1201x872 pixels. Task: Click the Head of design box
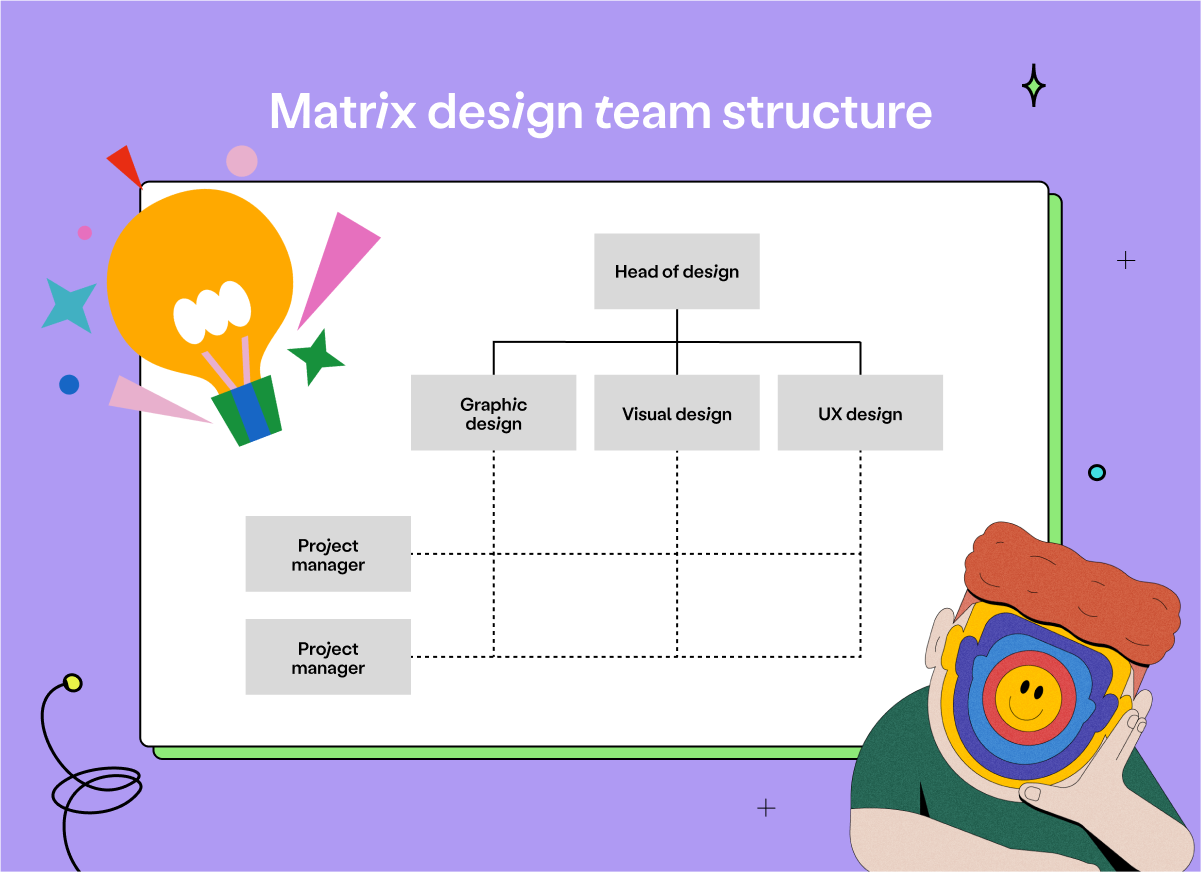click(677, 271)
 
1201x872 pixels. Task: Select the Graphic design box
click(493, 413)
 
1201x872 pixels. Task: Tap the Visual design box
click(677, 413)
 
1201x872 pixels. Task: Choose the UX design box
click(860, 413)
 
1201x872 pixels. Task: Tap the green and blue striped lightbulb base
click(246, 409)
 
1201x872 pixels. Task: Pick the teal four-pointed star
click(69, 305)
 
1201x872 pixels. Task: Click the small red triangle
click(126, 164)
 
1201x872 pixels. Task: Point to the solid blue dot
click(69, 384)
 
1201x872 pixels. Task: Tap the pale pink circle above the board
click(242, 160)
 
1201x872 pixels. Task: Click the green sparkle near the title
click(1034, 86)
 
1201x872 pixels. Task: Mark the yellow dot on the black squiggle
click(72, 683)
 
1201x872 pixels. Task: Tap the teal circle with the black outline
click(1097, 472)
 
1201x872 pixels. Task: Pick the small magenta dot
click(85, 232)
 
